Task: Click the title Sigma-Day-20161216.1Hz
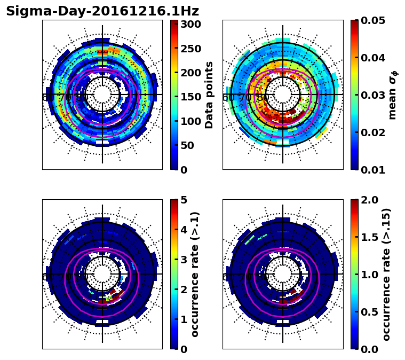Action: [102, 11]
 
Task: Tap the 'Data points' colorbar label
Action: [209, 95]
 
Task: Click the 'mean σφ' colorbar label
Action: [393, 95]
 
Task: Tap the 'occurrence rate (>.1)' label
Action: [195, 275]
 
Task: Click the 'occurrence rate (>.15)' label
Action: [386, 275]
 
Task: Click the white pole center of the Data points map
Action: [102, 95]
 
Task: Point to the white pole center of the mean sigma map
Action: [283, 95]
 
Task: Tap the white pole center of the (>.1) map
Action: [102, 274]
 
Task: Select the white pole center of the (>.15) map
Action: [283, 274]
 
